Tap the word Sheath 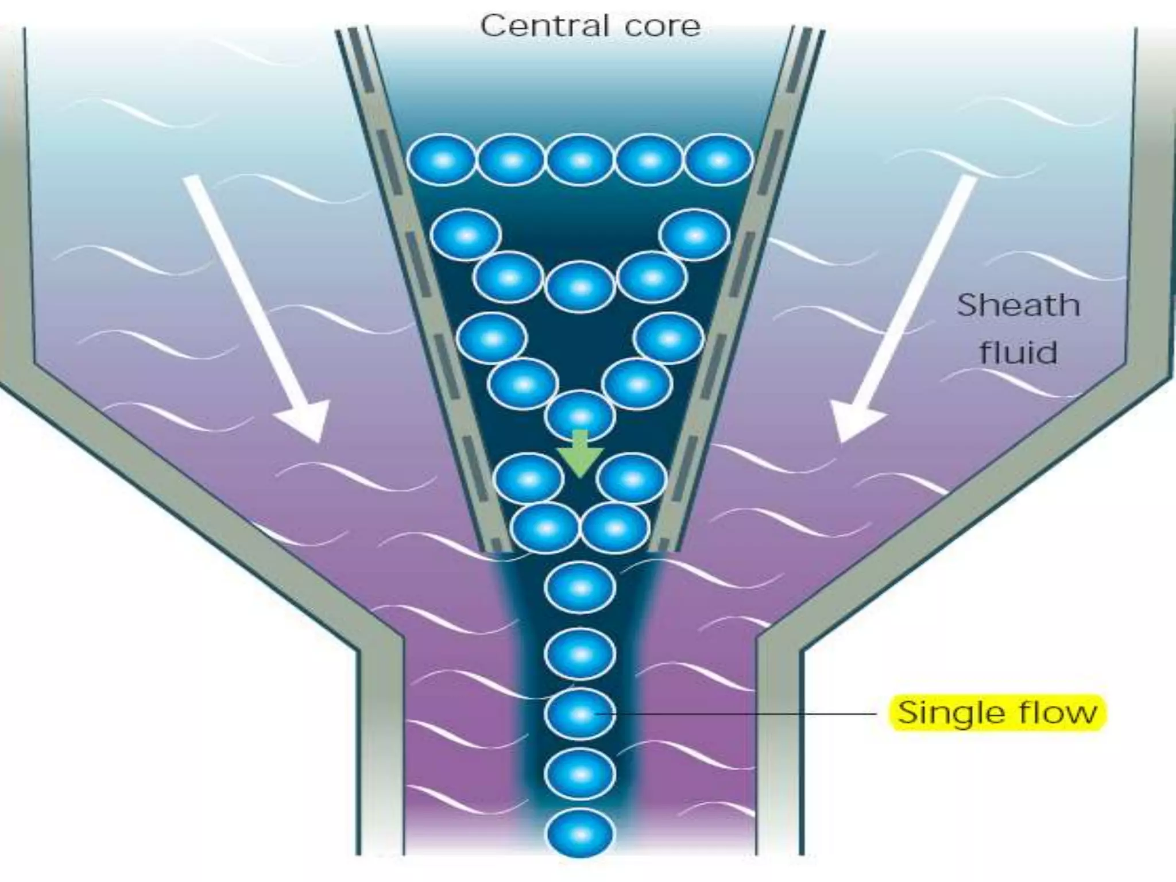tap(1018, 305)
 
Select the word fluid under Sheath tap(1018, 352)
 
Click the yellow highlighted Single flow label tap(997, 713)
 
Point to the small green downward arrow tap(580, 453)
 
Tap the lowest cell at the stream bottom tap(580, 834)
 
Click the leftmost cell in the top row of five tap(442, 160)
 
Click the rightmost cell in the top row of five tap(718, 160)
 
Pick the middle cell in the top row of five tap(580, 160)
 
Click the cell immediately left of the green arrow tap(529, 478)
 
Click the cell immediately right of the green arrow tap(632, 478)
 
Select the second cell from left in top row tap(511, 160)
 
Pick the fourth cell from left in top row tap(649, 160)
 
